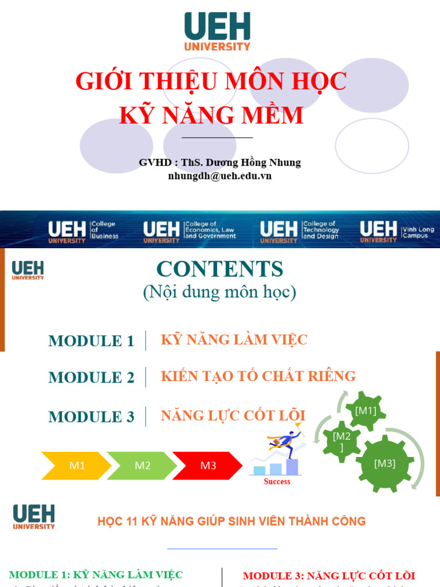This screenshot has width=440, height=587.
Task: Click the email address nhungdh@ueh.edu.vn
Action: [220, 176]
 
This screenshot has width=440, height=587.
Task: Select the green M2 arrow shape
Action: [142, 465]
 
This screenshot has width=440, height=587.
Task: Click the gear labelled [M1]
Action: [366, 410]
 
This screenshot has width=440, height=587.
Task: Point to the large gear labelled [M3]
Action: [385, 463]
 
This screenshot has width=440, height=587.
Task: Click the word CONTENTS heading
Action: [220, 269]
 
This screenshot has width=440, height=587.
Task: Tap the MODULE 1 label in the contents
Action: [91, 341]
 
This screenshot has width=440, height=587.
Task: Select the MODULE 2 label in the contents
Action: [91, 378]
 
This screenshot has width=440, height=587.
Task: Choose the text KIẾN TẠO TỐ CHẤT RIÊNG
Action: [258, 376]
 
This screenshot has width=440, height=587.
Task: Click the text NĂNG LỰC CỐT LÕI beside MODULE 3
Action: [233, 416]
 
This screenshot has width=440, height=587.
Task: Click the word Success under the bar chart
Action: [277, 482]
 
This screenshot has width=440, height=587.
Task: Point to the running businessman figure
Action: [284, 443]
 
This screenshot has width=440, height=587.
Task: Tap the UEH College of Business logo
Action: [84, 230]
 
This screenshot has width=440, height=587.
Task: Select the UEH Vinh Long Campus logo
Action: [397, 230]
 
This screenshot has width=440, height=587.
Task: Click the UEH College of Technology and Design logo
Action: [300, 230]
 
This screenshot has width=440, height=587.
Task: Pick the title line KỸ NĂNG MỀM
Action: [211, 115]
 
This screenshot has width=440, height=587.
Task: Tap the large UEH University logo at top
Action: [217, 31]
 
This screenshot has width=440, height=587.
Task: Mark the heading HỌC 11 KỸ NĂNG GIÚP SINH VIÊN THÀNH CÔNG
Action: [231, 521]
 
